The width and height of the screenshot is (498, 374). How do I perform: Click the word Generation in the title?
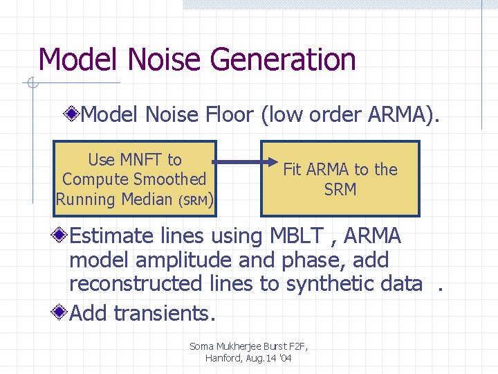[283, 60]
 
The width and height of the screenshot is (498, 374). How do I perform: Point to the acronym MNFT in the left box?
[141, 160]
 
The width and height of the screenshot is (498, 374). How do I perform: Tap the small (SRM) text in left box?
[196, 200]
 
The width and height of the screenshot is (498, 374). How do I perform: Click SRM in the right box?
[340, 189]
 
